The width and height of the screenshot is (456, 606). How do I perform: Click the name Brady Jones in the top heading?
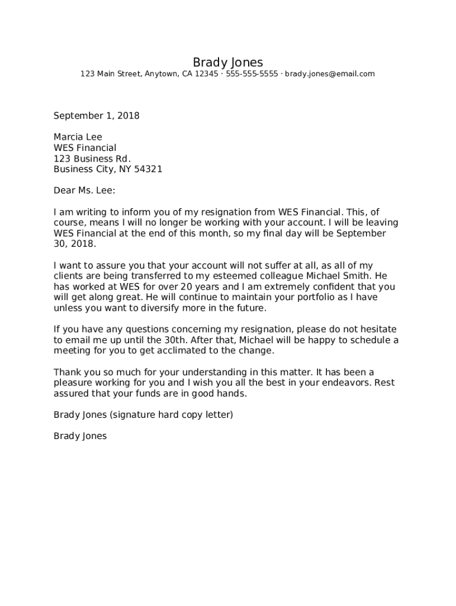coord(227,63)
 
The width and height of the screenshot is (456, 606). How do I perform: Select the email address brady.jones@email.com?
coord(330,74)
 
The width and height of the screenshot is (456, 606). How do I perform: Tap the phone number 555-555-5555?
coord(252,74)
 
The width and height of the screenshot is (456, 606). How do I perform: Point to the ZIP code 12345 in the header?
coord(205,74)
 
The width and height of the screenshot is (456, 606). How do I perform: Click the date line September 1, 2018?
coord(97,116)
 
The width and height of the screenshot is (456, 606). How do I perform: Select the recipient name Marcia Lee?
coord(78,137)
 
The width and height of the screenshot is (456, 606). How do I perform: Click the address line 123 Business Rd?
coord(92,159)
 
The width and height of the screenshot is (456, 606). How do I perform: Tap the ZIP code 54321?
coord(147,169)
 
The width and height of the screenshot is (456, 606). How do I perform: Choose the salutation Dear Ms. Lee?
coord(84,191)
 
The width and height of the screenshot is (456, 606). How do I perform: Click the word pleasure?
coord(73,382)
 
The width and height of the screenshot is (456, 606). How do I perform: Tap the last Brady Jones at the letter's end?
coord(80,436)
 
